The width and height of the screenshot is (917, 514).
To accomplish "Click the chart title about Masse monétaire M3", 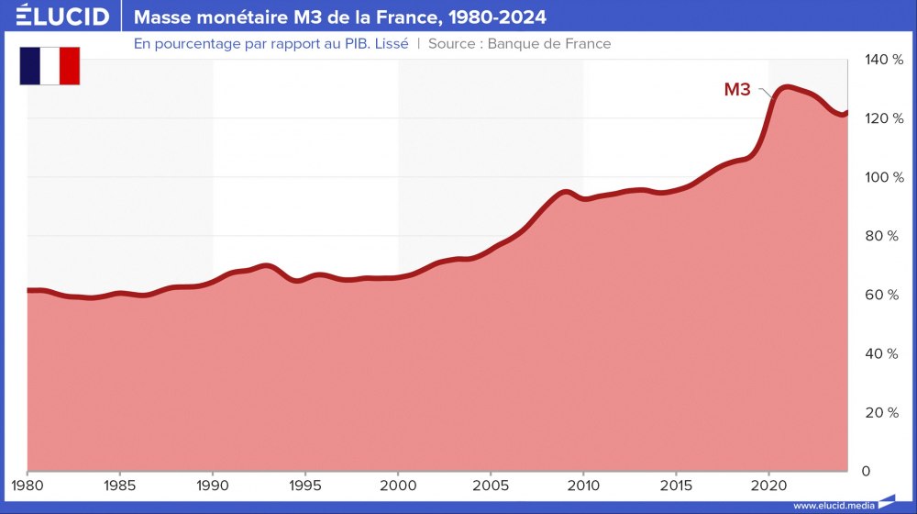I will pos(340,17).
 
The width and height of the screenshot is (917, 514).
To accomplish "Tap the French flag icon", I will pos(50,66).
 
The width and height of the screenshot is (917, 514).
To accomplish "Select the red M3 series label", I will pos(737,89).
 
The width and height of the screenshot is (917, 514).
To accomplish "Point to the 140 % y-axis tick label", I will pos(883,60).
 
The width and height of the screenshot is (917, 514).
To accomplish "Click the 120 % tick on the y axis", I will pos(883,118).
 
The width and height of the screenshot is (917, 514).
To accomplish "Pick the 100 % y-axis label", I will pos(883,177).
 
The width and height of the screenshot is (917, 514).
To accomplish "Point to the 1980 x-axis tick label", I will pos(28,484).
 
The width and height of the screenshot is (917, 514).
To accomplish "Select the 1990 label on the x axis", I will pos(213,484).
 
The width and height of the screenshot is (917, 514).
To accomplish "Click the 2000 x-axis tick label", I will pos(398,484).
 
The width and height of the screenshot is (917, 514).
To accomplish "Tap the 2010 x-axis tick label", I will pos(583,484).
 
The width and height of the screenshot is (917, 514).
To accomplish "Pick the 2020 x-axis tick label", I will pos(768,484).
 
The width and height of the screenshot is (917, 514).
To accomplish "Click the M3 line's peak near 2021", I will pos(786,87).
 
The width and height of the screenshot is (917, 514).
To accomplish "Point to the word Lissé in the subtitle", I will pos(389,43).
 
